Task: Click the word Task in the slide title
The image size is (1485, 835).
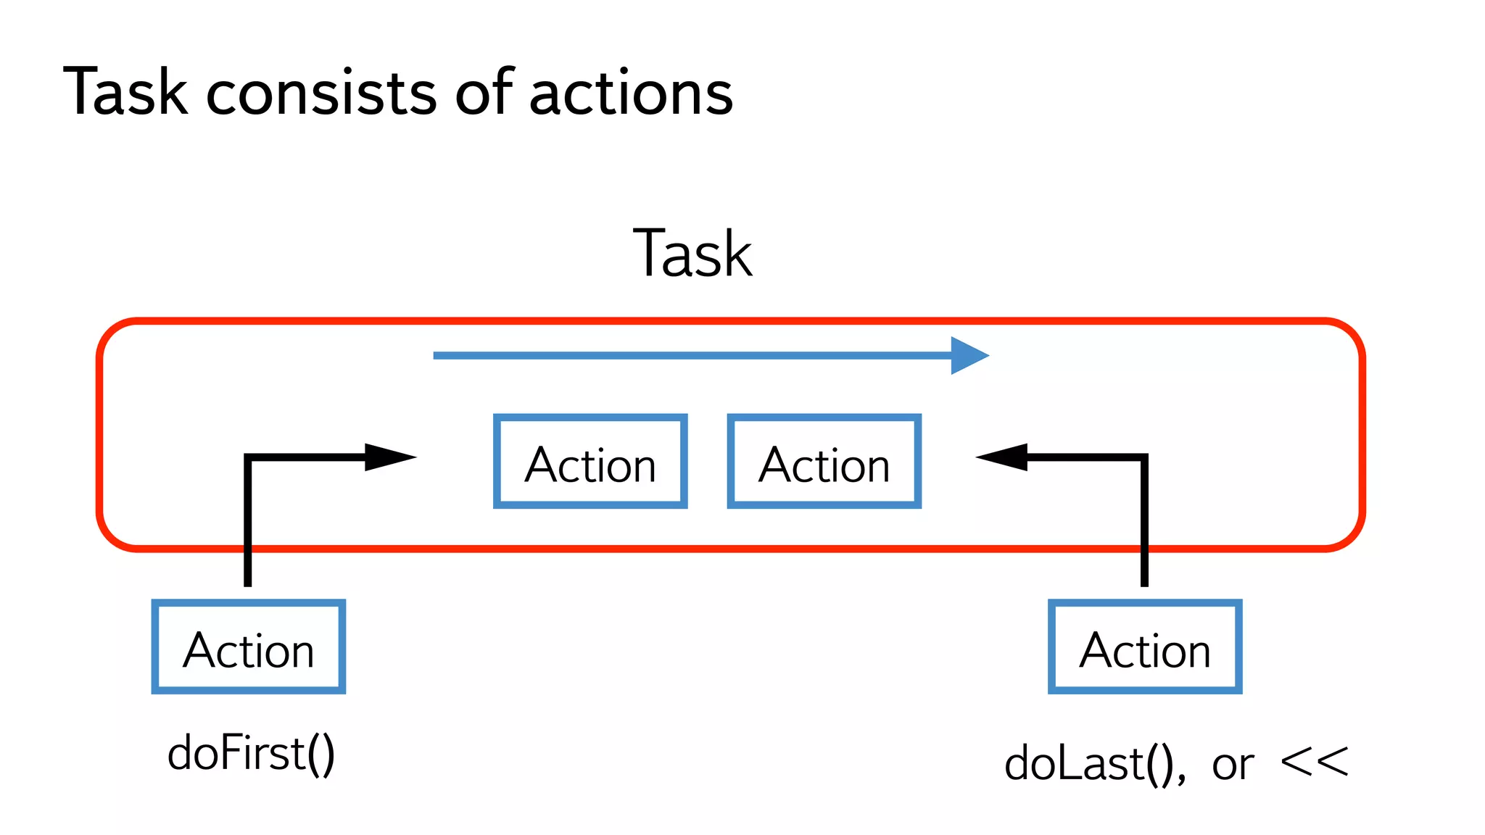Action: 125,92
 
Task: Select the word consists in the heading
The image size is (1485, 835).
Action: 321,94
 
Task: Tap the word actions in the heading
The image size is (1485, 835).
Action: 631,94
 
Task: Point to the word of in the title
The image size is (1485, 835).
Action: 484,92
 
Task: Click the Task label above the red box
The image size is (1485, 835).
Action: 692,254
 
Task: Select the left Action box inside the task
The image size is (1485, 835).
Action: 590,462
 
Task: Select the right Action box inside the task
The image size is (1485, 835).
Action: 824,462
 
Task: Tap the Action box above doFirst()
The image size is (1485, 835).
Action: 248,647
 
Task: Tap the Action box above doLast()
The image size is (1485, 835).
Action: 1145,647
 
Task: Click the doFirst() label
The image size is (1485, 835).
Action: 251,754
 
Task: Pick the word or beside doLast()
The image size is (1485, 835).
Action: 1233,765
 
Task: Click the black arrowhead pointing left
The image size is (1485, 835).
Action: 1003,457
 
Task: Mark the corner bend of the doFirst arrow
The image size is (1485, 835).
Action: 248,458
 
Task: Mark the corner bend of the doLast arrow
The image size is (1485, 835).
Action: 1144,458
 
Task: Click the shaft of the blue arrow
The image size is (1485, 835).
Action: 689,355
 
